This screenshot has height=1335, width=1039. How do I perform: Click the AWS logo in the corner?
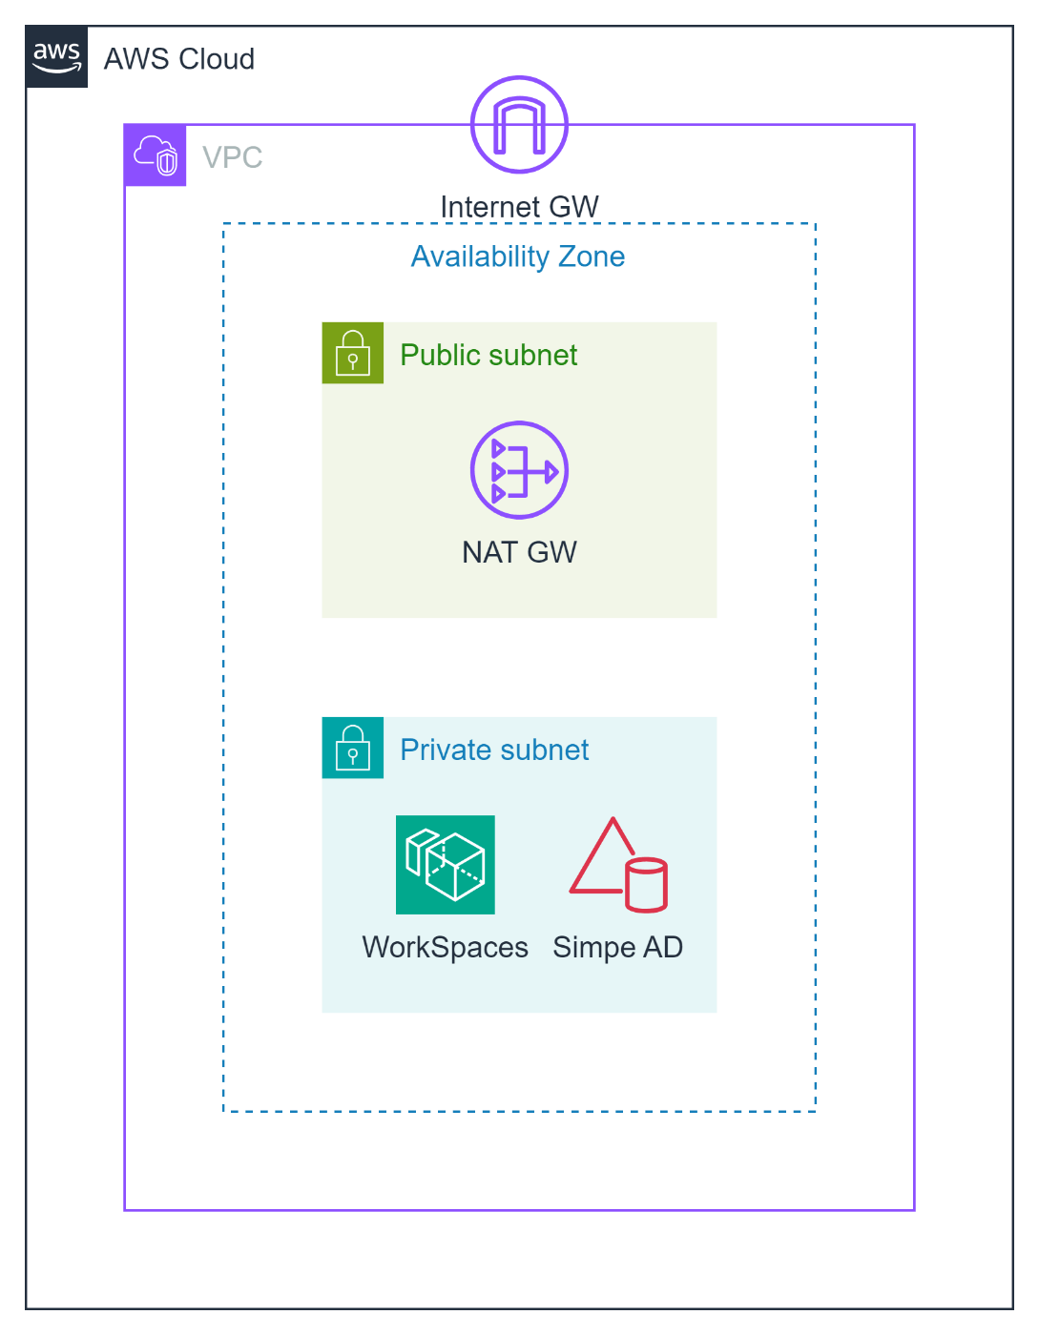[57, 57]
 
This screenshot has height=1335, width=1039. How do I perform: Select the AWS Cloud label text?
[178, 59]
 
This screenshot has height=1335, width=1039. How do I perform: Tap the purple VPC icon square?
[156, 155]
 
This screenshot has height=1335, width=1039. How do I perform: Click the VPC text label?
[232, 157]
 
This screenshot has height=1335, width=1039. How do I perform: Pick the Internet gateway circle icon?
[519, 125]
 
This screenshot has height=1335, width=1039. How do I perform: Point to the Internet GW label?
[519, 207]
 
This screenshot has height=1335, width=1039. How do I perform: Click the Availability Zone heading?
[518, 257]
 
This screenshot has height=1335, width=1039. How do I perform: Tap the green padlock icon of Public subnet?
[353, 353]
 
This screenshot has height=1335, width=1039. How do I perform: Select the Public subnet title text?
[488, 355]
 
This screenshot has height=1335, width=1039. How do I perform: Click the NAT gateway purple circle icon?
[519, 470]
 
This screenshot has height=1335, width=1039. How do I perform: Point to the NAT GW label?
[519, 552]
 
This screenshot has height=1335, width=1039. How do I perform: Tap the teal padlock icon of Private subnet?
[353, 748]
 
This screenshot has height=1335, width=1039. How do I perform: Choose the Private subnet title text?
[494, 750]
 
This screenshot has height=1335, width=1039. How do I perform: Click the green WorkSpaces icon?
[446, 865]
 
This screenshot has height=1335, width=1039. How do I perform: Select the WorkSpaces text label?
[445, 947]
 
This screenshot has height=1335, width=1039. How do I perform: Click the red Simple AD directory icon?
[617, 865]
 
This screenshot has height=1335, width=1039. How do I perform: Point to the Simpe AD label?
[617, 947]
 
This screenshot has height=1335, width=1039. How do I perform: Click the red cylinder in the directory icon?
[646, 885]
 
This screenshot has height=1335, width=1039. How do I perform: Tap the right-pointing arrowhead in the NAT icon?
[551, 471]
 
